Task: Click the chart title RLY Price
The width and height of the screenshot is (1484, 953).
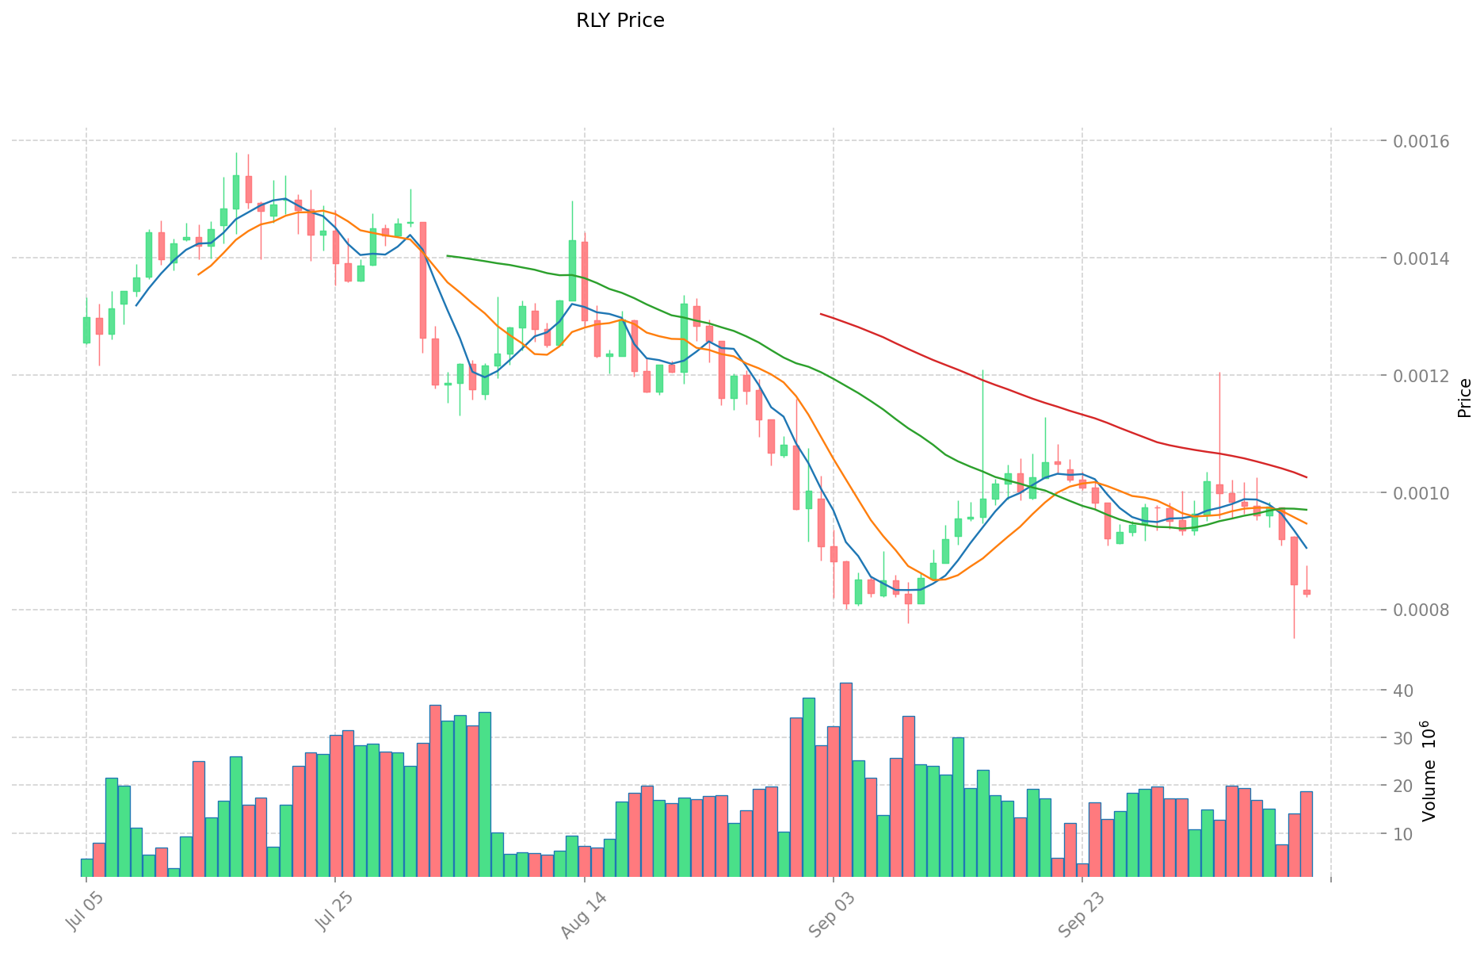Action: pos(620,21)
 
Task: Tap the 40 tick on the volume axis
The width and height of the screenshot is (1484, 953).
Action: pos(1403,691)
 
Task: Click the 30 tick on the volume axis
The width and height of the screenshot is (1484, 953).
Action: pos(1403,738)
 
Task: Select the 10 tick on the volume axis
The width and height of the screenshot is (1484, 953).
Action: pos(1403,834)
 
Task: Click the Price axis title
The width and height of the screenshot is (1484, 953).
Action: pos(1464,398)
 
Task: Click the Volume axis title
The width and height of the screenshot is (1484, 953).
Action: pos(1429,771)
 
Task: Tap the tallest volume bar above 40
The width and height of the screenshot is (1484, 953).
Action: pos(846,780)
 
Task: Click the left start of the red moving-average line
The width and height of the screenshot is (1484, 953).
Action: pos(821,314)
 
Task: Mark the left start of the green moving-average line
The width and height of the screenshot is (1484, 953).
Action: pos(448,256)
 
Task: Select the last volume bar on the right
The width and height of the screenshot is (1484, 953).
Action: pos(1306,834)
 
